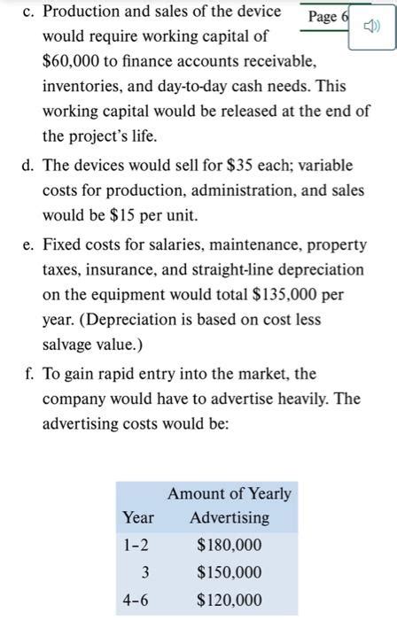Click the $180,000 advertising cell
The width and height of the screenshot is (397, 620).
coord(229,545)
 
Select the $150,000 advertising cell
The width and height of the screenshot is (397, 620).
coord(229,572)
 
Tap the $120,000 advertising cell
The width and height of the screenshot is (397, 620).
coord(229,600)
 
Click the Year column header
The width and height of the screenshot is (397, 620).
coord(138,518)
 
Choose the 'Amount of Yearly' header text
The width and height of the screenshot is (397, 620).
coord(229,493)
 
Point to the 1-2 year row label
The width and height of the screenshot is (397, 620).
coord(137,545)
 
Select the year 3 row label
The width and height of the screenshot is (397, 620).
coord(144,572)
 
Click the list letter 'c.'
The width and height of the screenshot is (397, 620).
coord(27,12)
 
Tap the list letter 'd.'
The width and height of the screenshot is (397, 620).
coord(27,165)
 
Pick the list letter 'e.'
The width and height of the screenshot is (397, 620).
coord(27,243)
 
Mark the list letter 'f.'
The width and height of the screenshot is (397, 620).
coord(27,373)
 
